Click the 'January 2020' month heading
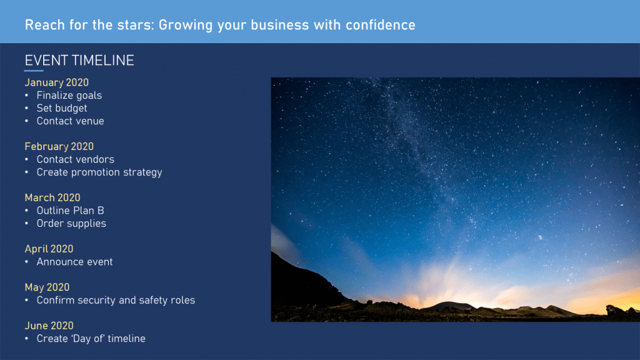point(56,82)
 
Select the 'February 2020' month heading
point(59,146)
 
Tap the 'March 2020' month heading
point(52,197)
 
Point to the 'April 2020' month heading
point(49,249)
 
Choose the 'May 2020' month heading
point(47,287)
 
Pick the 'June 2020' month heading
point(49,326)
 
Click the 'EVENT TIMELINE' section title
point(79,61)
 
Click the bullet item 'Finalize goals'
point(69,96)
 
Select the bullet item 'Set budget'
point(62,108)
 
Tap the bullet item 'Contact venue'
point(70,121)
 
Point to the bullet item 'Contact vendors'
point(75,159)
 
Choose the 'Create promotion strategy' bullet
point(99,172)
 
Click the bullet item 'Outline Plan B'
point(70,211)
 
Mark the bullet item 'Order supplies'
point(71,223)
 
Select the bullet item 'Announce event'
point(74,262)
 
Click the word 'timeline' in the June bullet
point(126,339)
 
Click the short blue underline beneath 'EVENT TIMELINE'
point(34,71)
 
